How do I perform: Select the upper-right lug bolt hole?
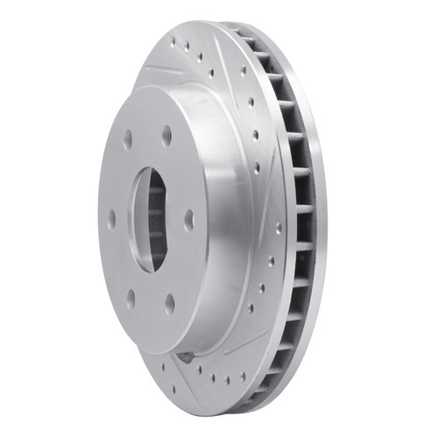166,135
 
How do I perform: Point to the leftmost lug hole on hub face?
111,220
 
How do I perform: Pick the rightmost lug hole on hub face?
188,219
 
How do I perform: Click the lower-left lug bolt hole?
131,298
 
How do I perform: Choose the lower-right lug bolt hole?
169,303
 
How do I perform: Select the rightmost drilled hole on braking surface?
279,230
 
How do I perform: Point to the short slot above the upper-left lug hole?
162,70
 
